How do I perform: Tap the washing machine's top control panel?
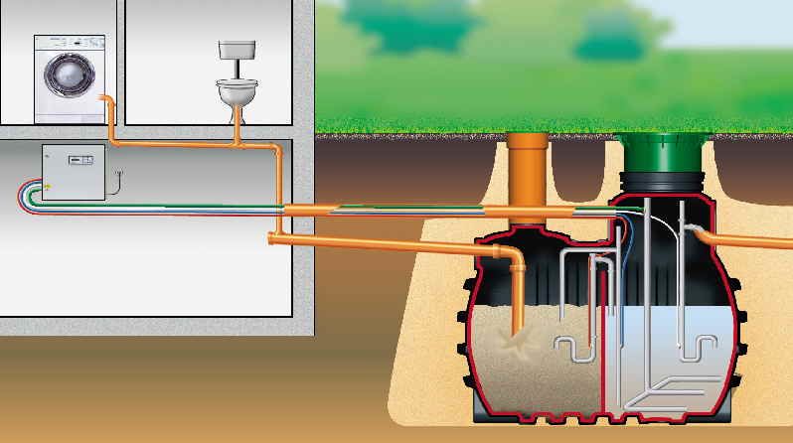pyautogui.click(x=70, y=42)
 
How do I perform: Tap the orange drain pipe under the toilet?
pyautogui.click(x=238, y=127)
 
